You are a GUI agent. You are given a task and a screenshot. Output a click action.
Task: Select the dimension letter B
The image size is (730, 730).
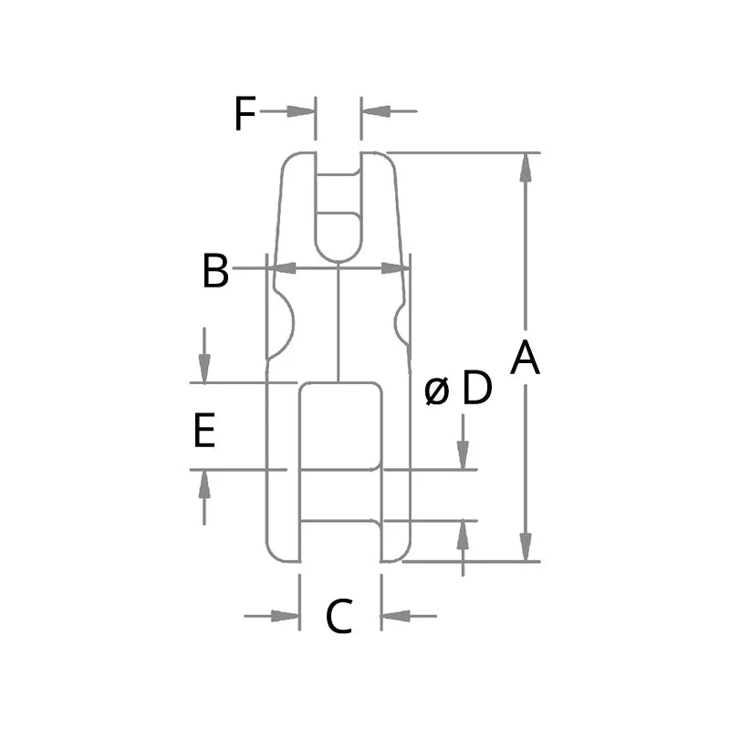215,271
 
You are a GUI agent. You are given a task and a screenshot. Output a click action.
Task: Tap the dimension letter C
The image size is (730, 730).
339,617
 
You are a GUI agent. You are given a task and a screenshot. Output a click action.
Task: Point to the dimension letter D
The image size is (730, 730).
476,389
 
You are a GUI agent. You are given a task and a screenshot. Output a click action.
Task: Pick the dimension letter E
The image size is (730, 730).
204,431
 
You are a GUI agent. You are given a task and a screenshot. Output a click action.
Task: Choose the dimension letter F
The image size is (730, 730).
243,114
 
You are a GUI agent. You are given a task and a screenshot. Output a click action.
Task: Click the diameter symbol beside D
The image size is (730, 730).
437,391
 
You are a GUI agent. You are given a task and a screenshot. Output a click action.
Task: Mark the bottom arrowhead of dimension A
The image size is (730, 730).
526,547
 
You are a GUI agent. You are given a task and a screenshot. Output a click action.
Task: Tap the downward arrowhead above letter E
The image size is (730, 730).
204,368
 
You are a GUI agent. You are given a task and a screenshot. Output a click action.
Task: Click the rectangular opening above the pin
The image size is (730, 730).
340,425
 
